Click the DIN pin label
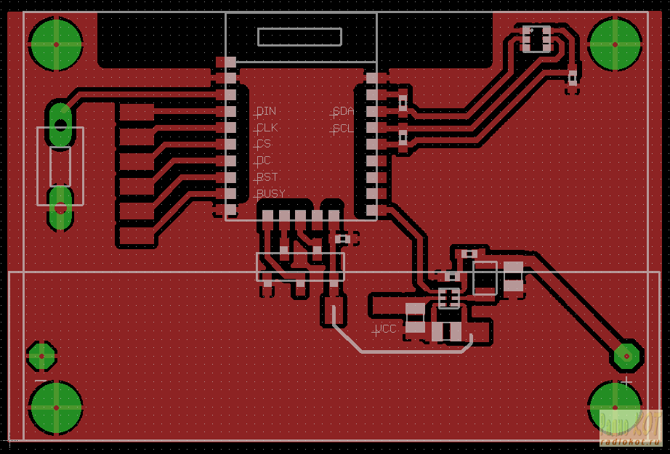pyautogui.click(x=266, y=111)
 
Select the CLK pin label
pyautogui.click(x=267, y=128)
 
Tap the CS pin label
pyautogui.click(x=264, y=144)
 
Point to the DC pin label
pyautogui.click(x=264, y=161)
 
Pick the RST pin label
pyautogui.click(x=267, y=177)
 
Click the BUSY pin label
pyautogui.click(x=270, y=194)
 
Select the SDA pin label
pyautogui.click(x=343, y=111)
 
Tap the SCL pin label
pyautogui.click(x=342, y=129)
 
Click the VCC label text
pyautogui.click(x=386, y=329)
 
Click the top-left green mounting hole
pyautogui.click(x=55, y=44)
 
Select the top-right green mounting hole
pyautogui.click(x=615, y=44)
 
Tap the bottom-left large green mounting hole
pyautogui.click(x=55, y=407)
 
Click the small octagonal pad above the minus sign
pyautogui.click(x=41, y=356)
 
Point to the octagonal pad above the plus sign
pyautogui.click(x=626, y=356)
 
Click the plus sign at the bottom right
pyautogui.click(x=626, y=381)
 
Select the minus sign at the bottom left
pyautogui.click(x=41, y=381)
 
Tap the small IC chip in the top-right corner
pyautogui.click(x=536, y=38)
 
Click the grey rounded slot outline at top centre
pyautogui.click(x=299, y=37)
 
